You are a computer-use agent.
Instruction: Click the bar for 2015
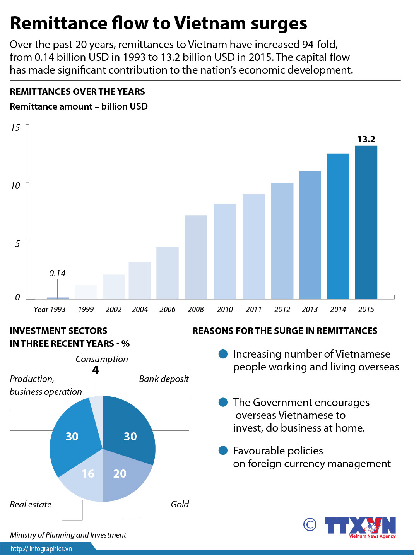pos(366,222)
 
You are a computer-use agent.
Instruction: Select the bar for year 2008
pos(196,257)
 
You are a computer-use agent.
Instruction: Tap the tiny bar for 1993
pos(58,298)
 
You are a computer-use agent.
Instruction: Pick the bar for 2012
pos(282,241)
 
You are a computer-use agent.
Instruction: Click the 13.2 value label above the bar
pos(366,139)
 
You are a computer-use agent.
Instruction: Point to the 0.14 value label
pos(57,273)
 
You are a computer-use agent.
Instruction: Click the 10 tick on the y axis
pos(15,186)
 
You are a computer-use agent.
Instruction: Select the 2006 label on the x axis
pos(167,309)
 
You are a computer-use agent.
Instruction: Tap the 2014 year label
pos(338,309)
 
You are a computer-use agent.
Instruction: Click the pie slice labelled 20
pos(124,478)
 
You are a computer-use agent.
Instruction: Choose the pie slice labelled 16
pos(83,478)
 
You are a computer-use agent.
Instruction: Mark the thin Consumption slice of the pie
pos(97,406)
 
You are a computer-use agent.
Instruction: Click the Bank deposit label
pos(164,379)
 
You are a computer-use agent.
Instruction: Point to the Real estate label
pos(31,504)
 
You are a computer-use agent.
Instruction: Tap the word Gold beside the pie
pos(180,504)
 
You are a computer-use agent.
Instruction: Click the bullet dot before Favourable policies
pos(223,451)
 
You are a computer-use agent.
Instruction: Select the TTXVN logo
pos(360,526)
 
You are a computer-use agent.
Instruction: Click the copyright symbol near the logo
pos(310,524)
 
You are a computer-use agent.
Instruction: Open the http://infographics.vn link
pos(41,549)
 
